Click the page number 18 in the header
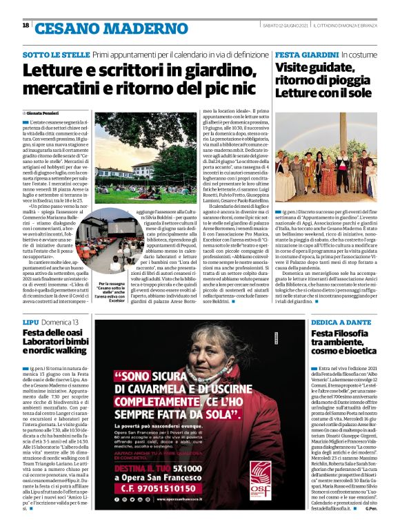click(x=26, y=25)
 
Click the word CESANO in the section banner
click(x=65, y=28)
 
